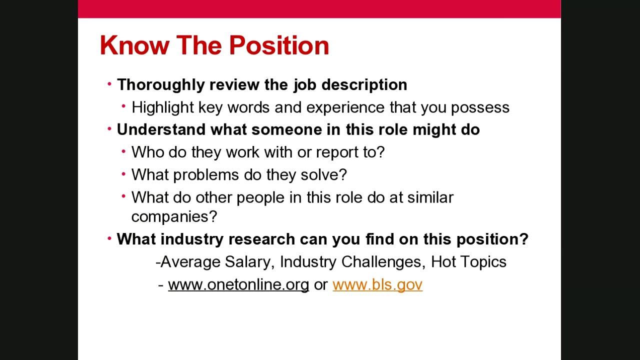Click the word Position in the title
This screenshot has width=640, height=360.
[x=279, y=45]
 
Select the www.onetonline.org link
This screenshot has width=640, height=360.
[x=238, y=284]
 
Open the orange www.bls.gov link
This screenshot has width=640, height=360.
[x=377, y=284]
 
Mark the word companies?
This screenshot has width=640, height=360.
[x=174, y=216]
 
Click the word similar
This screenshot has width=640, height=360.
[x=430, y=197]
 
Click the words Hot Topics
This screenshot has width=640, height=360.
[x=468, y=262]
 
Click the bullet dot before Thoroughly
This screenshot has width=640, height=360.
[x=109, y=84]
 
